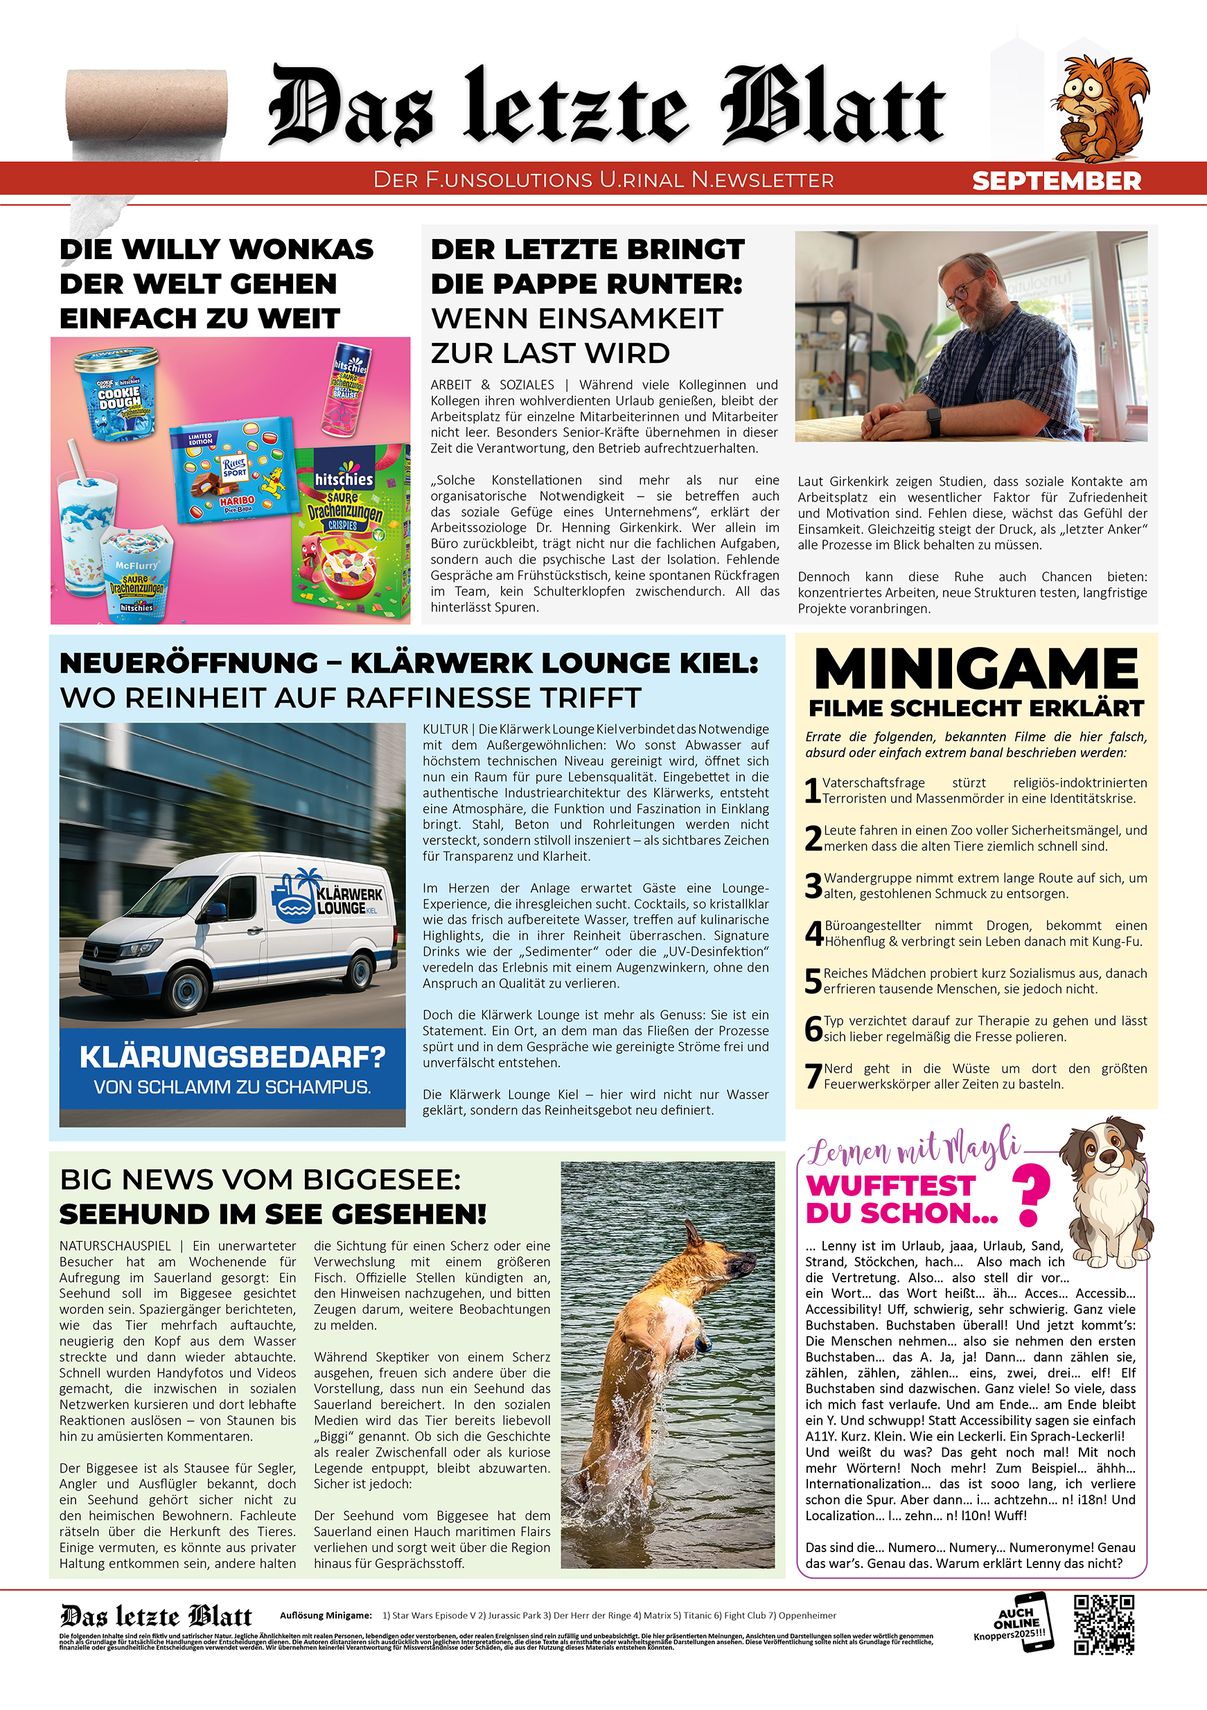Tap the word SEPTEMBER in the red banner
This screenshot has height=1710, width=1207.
(x=1056, y=181)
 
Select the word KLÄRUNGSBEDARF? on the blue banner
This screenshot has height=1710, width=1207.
(x=232, y=1057)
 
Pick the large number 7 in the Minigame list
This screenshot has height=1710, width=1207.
(x=813, y=1077)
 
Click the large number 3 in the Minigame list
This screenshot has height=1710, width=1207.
(x=813, y=887)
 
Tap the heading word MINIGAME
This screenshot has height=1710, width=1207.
(x=976, y=669)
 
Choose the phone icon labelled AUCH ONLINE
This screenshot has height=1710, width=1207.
(x=1025, y=1623)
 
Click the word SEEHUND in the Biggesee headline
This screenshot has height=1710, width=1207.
(x=135, y=1214)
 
